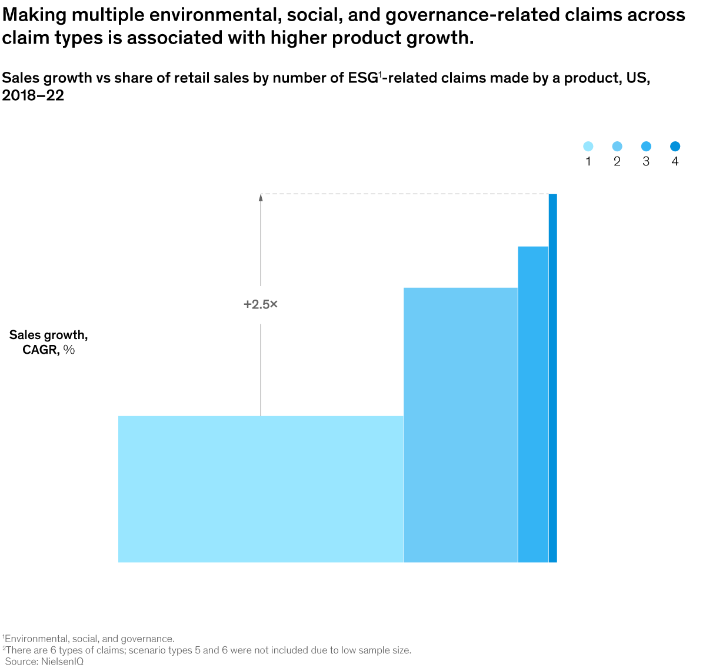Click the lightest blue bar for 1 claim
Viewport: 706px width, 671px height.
(261, 489)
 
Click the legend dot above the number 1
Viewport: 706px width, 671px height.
(588, 147)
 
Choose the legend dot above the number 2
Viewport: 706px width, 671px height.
(617, 147)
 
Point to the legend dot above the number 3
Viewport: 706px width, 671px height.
(646, 147)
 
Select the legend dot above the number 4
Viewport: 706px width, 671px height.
(675, 147)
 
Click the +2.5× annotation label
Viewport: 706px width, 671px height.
(261, 304)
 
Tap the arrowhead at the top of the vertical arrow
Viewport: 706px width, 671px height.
(261, 198)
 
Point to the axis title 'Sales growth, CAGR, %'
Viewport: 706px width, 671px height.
(49, 342)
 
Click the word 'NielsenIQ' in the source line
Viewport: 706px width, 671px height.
(62, 662)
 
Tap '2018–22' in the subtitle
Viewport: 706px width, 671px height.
(33, 95)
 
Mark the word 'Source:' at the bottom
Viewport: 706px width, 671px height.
(21, 662)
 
